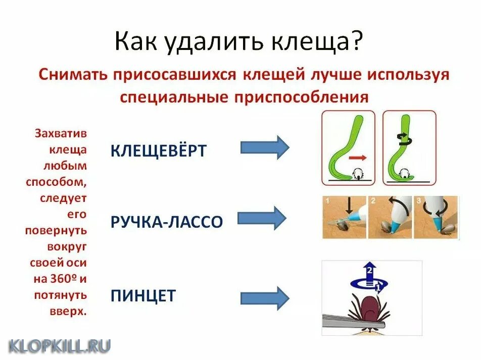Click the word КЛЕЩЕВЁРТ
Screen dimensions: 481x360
point(158,150)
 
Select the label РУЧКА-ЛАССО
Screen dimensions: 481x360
point(166,222)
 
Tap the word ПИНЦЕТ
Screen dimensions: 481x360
point(143,295)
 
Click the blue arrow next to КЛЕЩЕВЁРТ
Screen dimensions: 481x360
point(264,147)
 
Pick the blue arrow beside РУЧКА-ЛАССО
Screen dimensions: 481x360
point(262,218)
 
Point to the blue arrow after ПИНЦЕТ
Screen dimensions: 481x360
point(264,297)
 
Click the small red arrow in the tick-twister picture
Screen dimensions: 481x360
point(358,158)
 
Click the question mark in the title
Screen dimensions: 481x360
point(355,41)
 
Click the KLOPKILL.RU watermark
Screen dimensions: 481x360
point(59,345)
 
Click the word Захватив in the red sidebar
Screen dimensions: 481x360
point(61,134)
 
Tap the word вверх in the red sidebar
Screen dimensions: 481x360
point(69,311)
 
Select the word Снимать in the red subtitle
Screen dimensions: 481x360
point(72,75)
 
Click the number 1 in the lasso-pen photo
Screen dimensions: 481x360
point(327,201)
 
